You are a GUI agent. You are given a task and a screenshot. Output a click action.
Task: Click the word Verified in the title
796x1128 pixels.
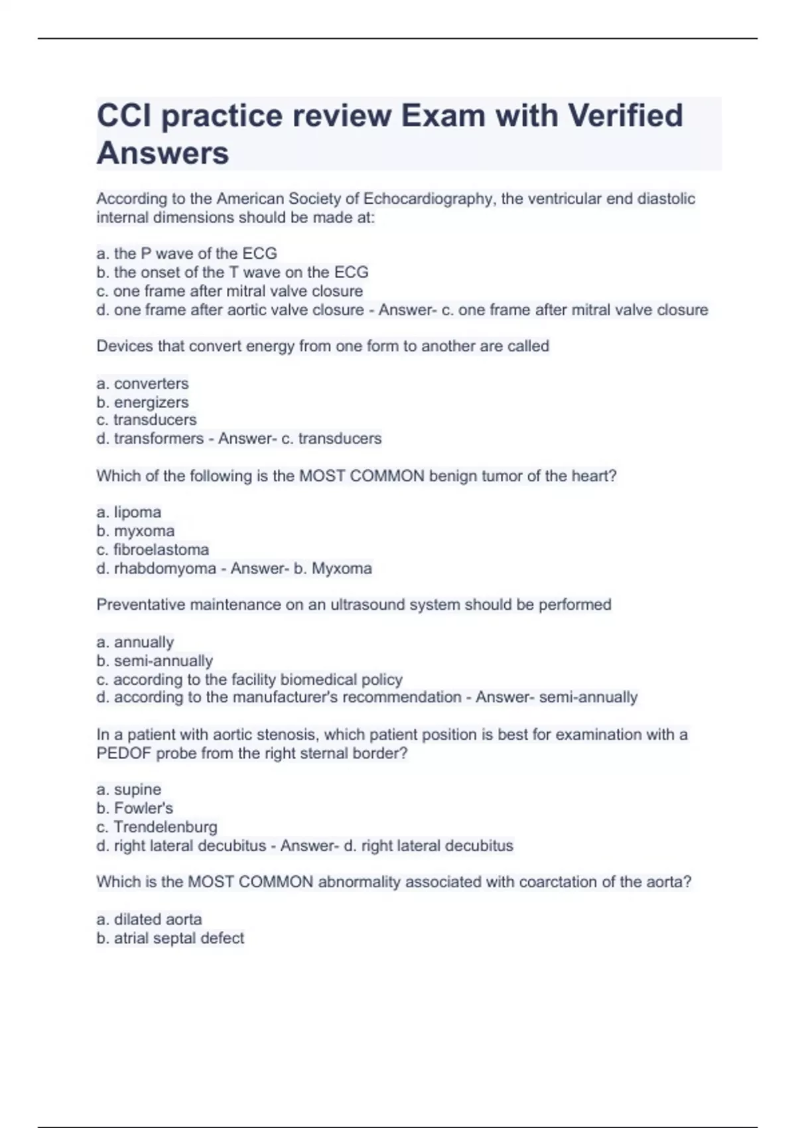(x=625, y=115)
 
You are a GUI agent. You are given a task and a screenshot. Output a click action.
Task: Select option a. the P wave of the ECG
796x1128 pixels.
(x=186, y=253)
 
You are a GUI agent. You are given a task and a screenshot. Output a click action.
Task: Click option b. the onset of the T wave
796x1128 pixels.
(x=232, y=272)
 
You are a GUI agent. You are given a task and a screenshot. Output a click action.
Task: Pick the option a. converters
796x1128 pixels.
(x=143, y=384)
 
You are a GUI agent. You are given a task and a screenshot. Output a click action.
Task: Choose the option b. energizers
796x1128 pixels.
(x=143, y=402)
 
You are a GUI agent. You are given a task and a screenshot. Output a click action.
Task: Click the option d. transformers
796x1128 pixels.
(x=150, y=439)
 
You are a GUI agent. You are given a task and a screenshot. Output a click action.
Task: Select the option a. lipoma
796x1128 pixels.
(x=129, y=512)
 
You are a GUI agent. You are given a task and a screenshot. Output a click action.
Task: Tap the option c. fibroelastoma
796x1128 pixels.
(x=153, y=549)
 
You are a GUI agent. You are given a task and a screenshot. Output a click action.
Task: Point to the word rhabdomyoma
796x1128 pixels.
(x=165, y=568)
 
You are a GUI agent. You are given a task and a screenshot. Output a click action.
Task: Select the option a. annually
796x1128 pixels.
(x=135, y=642)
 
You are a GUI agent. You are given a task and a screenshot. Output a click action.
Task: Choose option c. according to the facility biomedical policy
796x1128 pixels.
(x=249, y=679)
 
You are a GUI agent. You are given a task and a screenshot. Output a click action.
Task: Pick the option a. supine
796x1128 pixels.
(x=129, y=790)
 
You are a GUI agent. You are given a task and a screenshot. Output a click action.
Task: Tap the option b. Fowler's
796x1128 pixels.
(x=135, y=808)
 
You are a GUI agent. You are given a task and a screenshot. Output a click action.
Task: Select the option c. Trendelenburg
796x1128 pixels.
(x=157, y=827)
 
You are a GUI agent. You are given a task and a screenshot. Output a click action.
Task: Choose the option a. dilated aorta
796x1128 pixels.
(x=149, y=919)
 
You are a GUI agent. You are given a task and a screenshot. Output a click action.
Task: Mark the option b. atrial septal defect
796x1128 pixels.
(x=170, y=938)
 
